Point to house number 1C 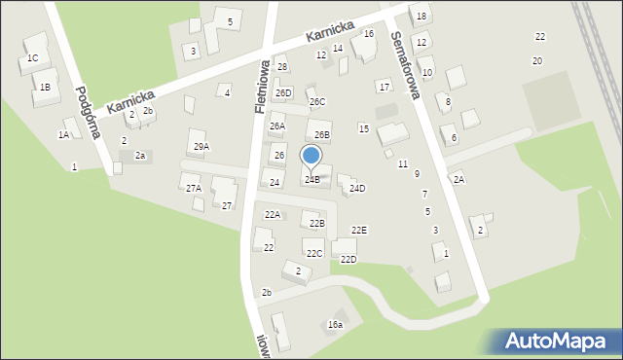[x=32, y=58]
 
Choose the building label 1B [x=45, y=88]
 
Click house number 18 [x=421, y=17]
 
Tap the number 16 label [x=369, y=34]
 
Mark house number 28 [x=282, y=67]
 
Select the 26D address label [x=282, y=93]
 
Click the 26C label [x=317, y=102]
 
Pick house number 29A [x=202, y=147]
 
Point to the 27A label [x=194, y=189]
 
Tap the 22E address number [x=359, y=231]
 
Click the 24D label [x=357, y=189]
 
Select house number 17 [x=385, y=88]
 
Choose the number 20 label [x=537, y=61]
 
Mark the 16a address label [x=335, y=325]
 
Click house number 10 [x=427, y=73]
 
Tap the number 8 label [x=448, y=102]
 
